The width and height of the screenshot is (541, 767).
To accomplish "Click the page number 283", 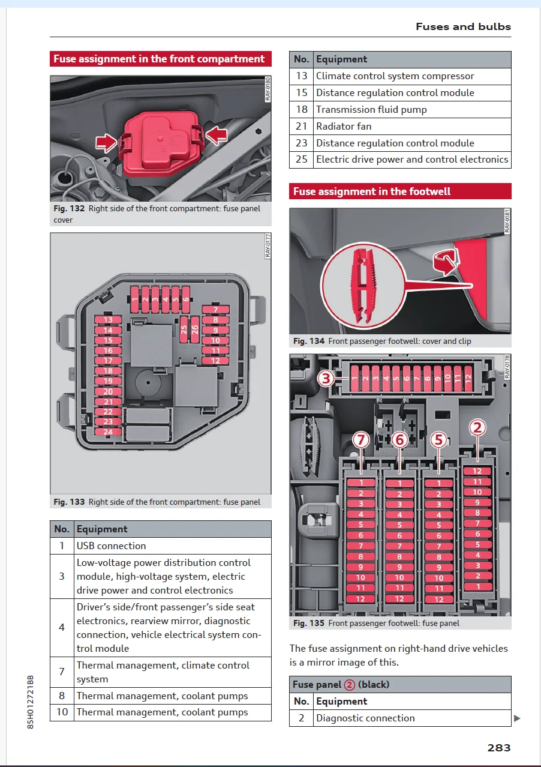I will (498, 747).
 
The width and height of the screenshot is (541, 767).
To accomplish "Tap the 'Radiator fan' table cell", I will (344, 126).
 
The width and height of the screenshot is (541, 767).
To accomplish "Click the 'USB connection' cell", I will (111, 546).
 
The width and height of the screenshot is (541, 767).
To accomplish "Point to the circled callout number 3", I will (326, 378).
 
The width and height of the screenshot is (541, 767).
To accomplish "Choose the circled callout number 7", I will (360, 440).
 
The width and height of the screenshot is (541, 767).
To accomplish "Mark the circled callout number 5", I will (439, 440).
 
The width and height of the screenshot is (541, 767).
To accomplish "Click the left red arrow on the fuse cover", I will (107, 143).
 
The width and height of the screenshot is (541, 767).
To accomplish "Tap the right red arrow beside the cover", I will (217, 134).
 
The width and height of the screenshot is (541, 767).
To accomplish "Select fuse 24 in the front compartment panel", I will (108, 432).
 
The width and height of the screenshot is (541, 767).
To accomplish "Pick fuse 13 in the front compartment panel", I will (108, 320).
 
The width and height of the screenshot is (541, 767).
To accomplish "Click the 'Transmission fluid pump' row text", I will (371, 109).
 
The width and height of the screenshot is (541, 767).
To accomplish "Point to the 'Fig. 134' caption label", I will (309, 341).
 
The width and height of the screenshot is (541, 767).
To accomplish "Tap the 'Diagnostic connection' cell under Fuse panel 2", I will (365, 718).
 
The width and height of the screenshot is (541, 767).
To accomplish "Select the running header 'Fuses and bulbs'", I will (463, 26).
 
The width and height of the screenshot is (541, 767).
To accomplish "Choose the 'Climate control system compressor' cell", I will (395, 76).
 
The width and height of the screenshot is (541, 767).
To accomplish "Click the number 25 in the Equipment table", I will (301, 160).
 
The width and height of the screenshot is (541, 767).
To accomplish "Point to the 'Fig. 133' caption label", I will (69, 502).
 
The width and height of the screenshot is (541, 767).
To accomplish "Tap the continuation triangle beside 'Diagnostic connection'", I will (517, 718).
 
